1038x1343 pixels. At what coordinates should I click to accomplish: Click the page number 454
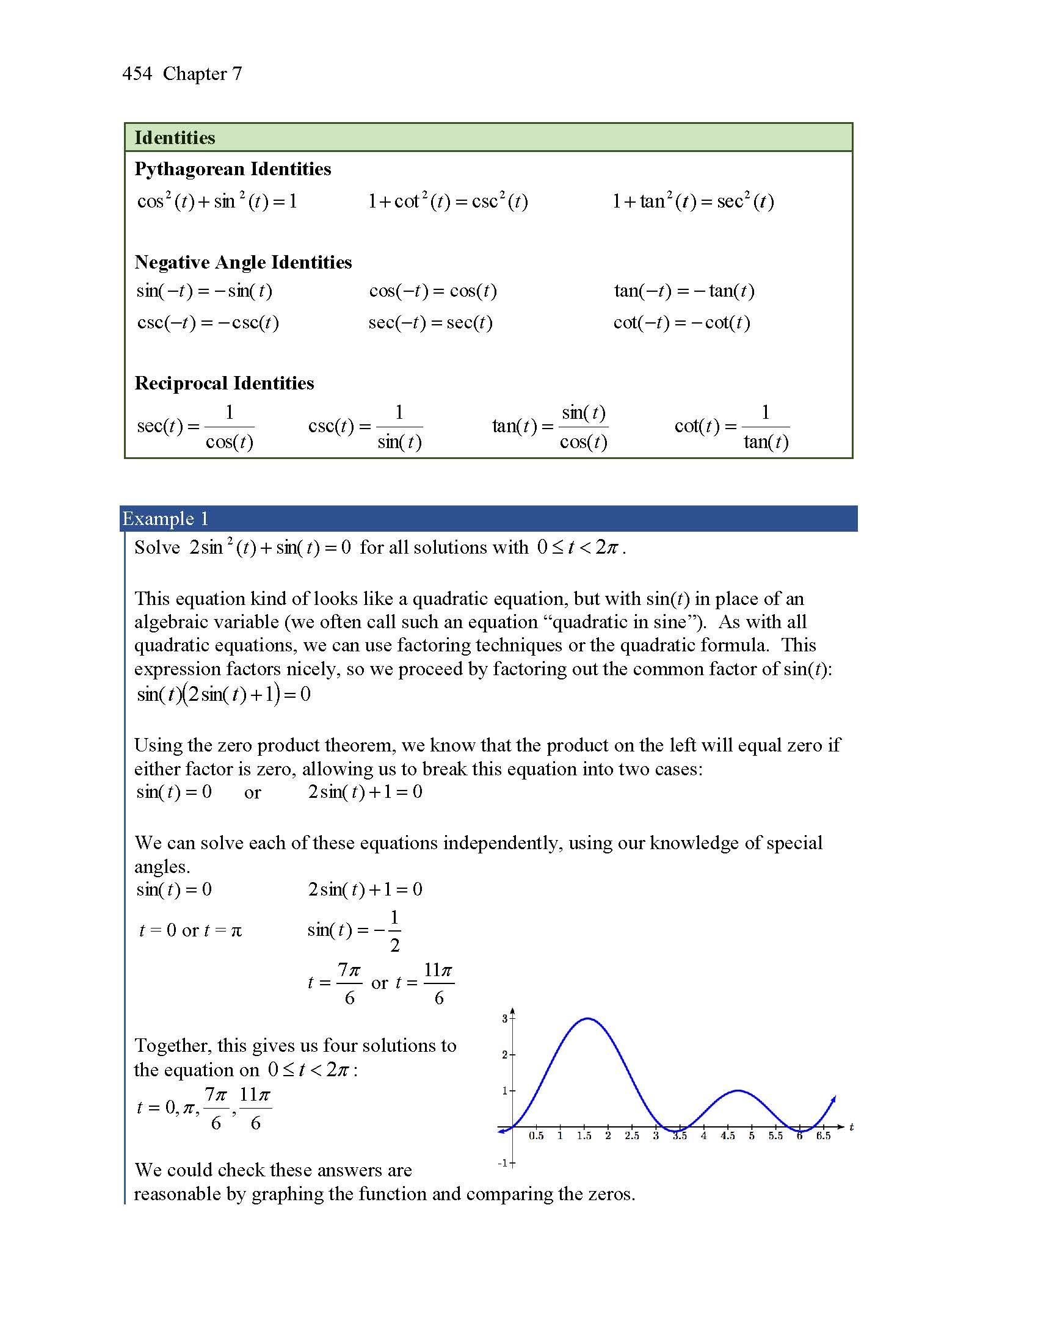click(x=137, y=74)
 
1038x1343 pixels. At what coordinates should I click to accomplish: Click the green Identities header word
click(x=175, y=138)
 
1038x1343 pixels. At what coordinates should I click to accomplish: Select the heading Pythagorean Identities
click(x=233, y=169)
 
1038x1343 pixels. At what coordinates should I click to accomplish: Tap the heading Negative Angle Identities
click(x=243, y=262)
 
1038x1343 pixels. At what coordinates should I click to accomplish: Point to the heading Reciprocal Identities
click(x=224, y=383)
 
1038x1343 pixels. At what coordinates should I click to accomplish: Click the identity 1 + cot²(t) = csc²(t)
click(x=448, y=201)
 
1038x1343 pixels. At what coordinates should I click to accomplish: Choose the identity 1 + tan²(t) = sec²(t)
click(x=692, y=201)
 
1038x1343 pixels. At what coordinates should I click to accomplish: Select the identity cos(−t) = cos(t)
click(x=433, y=291)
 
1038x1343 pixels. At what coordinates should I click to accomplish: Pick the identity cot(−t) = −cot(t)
click(x=681, y=323)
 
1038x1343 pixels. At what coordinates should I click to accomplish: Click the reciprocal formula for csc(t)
click(x=365, y=426)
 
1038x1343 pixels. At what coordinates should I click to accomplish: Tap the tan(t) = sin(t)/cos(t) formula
click(x=550, y=426)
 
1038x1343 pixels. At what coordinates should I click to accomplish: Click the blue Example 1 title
click(x=165, y=518)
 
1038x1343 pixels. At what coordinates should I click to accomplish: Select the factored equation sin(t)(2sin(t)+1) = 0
click(x=223, y=694)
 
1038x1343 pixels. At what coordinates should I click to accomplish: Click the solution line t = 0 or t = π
click(x=191, y=930)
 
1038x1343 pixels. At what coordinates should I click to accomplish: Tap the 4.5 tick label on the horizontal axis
click(x=727, y=1136)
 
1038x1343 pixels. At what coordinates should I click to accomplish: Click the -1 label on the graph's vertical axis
click(x=503, y=1163)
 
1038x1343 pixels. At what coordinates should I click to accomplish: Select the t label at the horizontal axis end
click(x=851, y=1126)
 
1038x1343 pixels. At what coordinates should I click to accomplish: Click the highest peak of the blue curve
click(x=588, y=1019)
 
